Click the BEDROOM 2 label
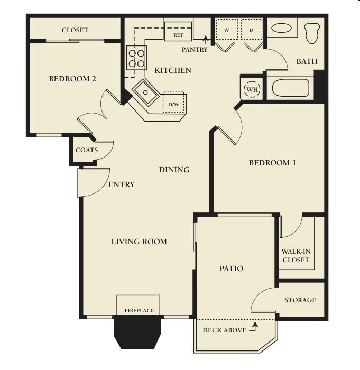click(72, 79)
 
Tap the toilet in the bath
click(312, 33)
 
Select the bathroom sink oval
click(281, 28)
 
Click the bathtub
click(290, 88)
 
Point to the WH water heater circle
click(252, 89)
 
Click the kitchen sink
click(145, 92)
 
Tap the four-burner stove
click(136, 57)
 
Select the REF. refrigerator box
click(178, 31)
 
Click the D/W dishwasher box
click(173, 102)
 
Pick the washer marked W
click(227, 29)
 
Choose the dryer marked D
click(252, 29)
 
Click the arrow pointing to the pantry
click(206, 40)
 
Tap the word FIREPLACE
click(139, 311)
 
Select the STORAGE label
click(300, 300)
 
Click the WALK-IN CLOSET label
click(296, 255)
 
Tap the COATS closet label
click(87, 150)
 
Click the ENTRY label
click(122, 184)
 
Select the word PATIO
click(232, 269)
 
